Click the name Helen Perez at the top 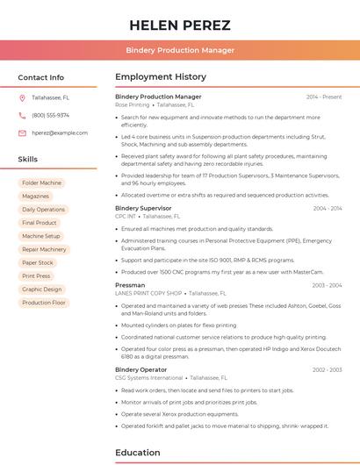click(x=180, y=25)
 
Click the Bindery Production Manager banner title click(x=180, y=50)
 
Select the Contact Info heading click(x=41, y=77)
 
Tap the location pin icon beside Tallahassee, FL click(x=22, y=97)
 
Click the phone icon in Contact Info click(x=22, y=115)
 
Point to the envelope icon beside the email click(x=22, y=132)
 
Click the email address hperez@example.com click(x=60, y=132)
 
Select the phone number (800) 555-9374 click(x=50, y=115)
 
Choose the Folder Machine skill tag click(x=41, y=182)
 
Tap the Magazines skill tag click(x=35, y=196)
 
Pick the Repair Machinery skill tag click(x=44, y=249)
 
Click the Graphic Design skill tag click(x=41, y=289)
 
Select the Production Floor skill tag click(x=44, y=303)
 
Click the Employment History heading click(x=161, y=77)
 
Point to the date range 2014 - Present click(x=324, y=97)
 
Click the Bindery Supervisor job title click(x=143, y=208)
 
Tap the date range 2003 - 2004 click(x=327, y=285)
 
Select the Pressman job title click(x=130, y=285)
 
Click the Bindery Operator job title click(x=140, y=369)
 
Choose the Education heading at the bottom click(x=137, y=453)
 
